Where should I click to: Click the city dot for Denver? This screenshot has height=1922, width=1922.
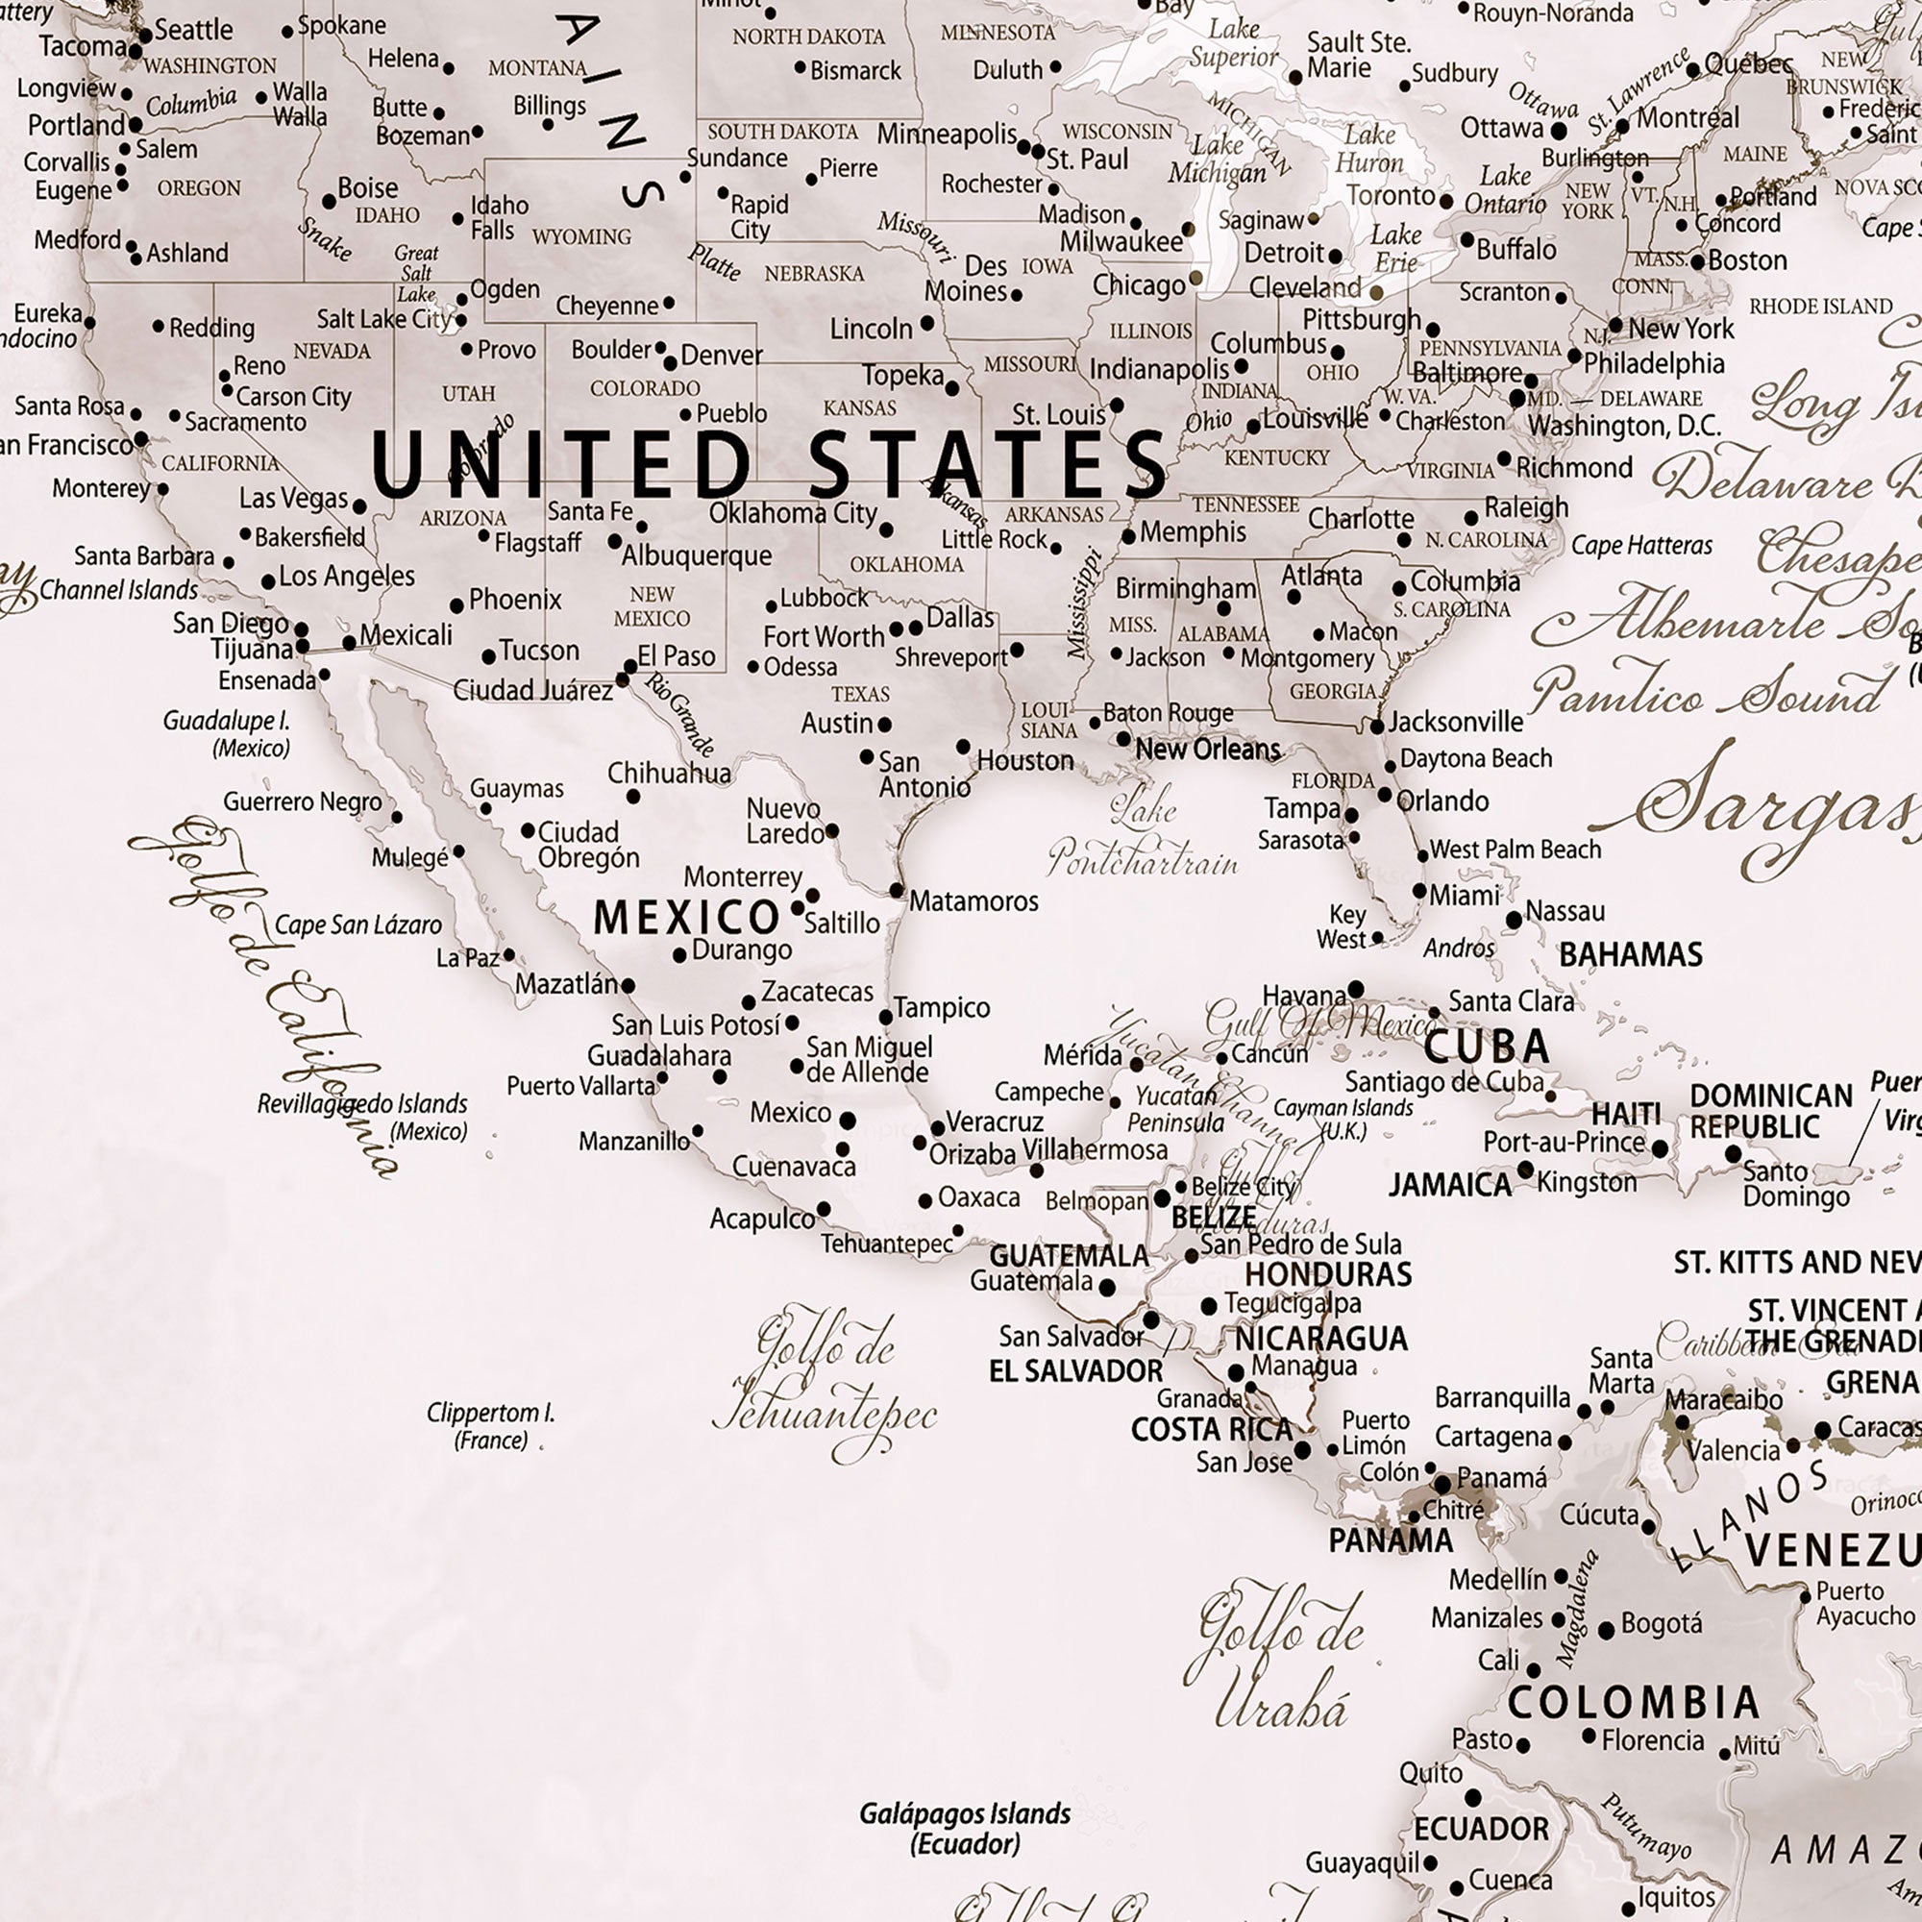click(x=671, y=362)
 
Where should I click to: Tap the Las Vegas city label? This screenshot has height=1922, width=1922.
click(x=293, y=499)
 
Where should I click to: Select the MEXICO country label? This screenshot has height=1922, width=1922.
click(x=686, y=917)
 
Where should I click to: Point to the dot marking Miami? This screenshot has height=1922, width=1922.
click(x=1419, y=892)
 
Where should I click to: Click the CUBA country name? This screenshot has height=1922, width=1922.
click(x=1487, y=1047)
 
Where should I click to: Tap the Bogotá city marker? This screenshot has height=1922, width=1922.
click(x=1606, y=1631)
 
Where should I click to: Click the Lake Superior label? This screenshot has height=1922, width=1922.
click(x=1234, y=44)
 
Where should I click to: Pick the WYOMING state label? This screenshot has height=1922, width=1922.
click(x=582, y=236)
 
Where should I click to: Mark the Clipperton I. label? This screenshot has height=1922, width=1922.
click(x=490, y=1425)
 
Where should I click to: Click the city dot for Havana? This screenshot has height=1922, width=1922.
click(x=1355, y=990)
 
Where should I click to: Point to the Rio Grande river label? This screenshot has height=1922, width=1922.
click(x=680, y=713)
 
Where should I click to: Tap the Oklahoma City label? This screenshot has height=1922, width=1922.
click(x=793, y=513)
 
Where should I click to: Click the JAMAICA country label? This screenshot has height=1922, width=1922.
click(x=1449, y=1185)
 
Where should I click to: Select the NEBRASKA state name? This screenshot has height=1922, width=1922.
click(x=814, y=274)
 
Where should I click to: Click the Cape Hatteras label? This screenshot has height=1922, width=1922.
click(x=1641, y=545)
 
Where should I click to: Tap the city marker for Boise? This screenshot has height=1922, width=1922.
click(x=330, y=202)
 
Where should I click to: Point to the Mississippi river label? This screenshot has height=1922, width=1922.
click(x=1084, y=603)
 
